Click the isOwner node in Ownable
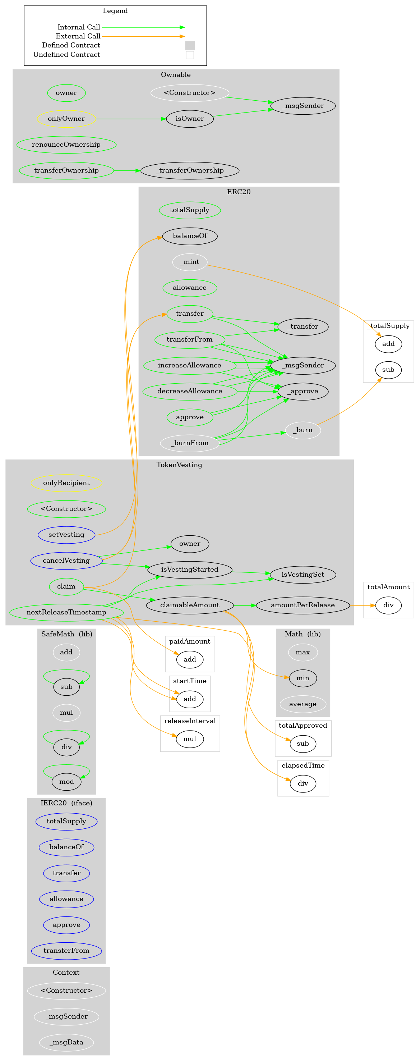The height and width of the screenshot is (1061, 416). point(190,119)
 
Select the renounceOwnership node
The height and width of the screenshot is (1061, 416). point(66,145)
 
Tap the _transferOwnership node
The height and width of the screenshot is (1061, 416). point(190,170)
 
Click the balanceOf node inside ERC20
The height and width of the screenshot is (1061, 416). point(190,236)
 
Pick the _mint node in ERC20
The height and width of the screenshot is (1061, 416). point(190,262)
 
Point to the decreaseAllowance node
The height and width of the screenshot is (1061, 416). point(190,391)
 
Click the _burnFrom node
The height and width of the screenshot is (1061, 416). point(190,443)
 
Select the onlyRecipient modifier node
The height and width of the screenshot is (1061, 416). point(66,483)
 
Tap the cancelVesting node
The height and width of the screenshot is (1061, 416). point(66,561)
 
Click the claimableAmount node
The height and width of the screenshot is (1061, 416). point(190,605)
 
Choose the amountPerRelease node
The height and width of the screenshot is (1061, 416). point(303,605)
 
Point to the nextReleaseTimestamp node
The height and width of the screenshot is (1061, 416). point(66,612)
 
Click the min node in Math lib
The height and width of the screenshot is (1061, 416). point(303,678)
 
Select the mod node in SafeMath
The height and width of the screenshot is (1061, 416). point(66,782)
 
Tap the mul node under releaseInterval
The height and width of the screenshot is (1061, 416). point(190,739)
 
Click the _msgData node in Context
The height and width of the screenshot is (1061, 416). point(66,1042)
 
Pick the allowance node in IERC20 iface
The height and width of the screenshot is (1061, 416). point(66,899)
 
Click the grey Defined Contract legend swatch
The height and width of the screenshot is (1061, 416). point(190,46)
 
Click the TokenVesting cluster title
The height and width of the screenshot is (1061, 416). point(179,465)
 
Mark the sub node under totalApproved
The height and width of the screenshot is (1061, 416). point(303,744)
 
